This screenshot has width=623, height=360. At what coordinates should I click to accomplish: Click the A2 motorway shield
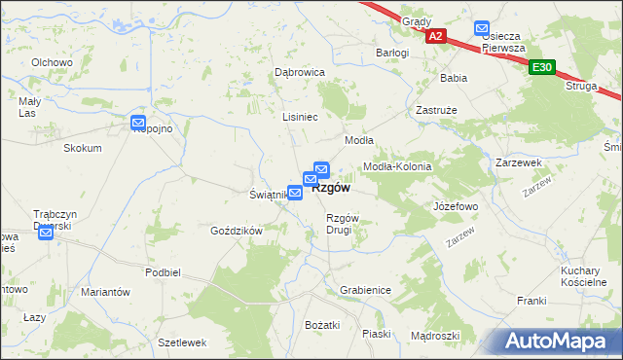coord(435,36)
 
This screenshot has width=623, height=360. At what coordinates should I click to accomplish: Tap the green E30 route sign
coord(542,67)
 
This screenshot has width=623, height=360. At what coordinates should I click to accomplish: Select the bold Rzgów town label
coord(331,189)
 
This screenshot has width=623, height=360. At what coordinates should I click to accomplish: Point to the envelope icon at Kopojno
coord(139,123)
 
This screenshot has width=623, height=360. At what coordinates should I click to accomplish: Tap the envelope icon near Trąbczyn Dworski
coord(45,233)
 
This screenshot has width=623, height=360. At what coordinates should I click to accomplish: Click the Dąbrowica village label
coord(299,72)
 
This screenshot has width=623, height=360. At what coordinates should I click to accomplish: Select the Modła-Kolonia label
coord(396,166)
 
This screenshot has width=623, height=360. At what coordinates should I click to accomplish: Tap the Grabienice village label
coord(365,290)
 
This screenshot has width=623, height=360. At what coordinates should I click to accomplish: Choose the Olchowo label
coord(53,62)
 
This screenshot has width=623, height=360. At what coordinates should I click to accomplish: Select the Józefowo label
coord(455,207)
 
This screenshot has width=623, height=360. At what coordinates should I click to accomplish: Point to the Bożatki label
coord(322,324)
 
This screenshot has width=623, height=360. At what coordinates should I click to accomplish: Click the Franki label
coord(531,301)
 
